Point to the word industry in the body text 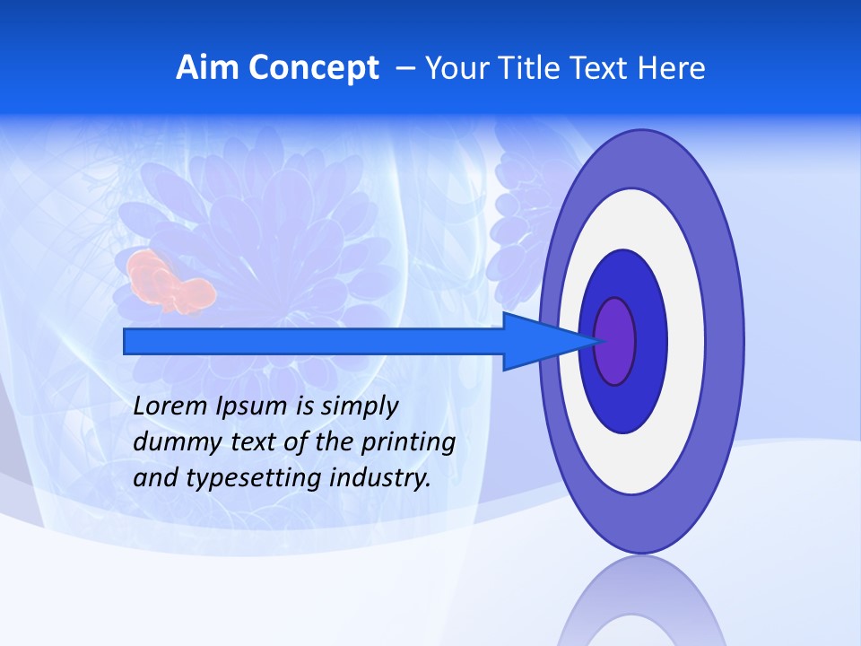(380, 478)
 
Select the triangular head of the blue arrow (547, 341)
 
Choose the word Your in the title (453, 68)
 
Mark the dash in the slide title (404, 68)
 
